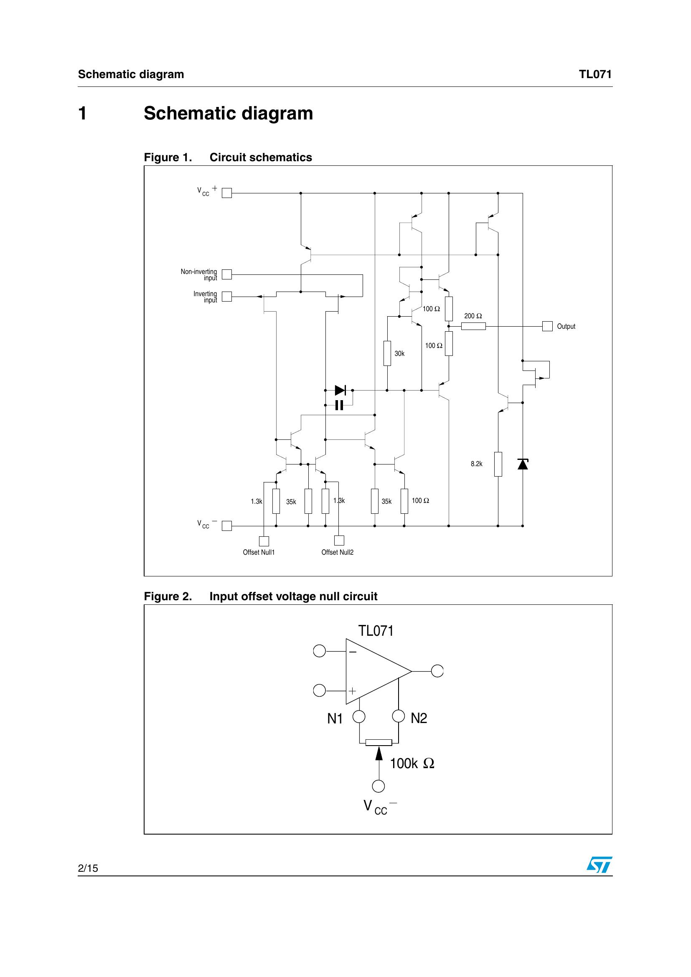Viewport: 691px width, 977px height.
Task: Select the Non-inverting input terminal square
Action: click(227, 274)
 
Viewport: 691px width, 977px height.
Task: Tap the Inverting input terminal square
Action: click(227, 297)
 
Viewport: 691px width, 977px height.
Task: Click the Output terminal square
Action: click(547, 326)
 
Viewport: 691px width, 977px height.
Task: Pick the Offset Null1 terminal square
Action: click(264, 541)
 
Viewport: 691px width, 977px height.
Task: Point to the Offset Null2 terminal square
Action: click(339, 541)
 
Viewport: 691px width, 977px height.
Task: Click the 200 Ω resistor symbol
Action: click(473, 326)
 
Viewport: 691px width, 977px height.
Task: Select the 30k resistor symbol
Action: click(387, 353)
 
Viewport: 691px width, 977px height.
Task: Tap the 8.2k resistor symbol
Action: click(498, 464)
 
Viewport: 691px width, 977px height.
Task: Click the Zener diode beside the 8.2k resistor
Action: click(523, 464)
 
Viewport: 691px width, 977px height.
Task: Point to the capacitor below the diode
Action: click(339, 405)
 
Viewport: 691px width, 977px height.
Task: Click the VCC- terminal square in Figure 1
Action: click(227, 526)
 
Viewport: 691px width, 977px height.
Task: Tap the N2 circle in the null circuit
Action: click(398, 716)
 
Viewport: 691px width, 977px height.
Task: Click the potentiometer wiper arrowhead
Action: click(379, 754)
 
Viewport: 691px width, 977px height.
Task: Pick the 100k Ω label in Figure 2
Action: click(412, 764)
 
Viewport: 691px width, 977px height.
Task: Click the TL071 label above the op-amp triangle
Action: click(376, 631)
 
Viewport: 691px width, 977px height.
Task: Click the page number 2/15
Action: click(88, 868)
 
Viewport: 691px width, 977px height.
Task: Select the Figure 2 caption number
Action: click(168, 596)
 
